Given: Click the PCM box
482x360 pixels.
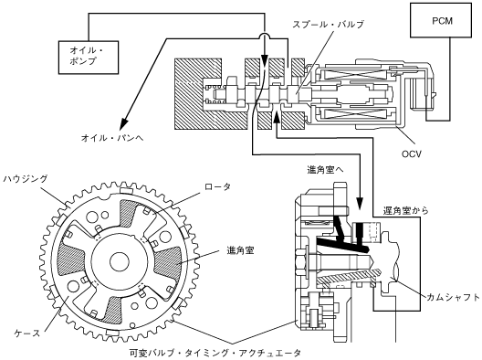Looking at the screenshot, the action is point(441,20).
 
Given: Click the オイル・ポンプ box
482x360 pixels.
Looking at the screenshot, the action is point(89,58).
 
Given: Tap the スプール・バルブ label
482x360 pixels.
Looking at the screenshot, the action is point(328,25).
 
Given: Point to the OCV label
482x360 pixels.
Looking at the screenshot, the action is point(412,154).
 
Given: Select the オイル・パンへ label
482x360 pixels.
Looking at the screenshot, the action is point(112,138).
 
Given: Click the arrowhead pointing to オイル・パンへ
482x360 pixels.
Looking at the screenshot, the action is point(124,123).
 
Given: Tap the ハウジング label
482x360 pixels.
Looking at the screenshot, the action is point(26,178).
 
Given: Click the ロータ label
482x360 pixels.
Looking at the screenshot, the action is point(217,186).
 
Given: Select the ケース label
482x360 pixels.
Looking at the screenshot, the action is point(27,333).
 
